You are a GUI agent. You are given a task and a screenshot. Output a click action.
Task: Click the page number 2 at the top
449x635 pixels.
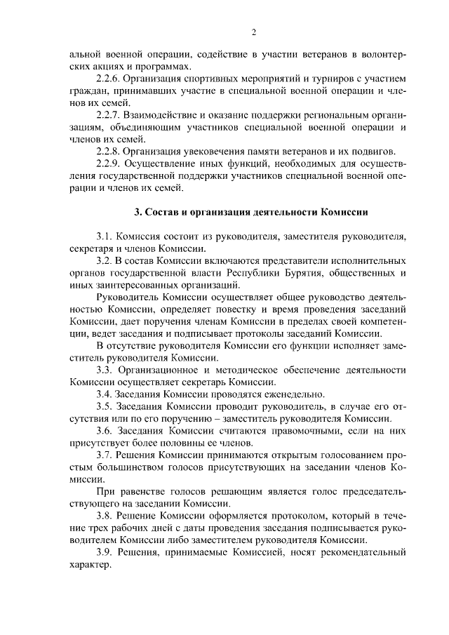pos(253,32)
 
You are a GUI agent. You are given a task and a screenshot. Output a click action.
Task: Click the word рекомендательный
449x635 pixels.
pos(358,553)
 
